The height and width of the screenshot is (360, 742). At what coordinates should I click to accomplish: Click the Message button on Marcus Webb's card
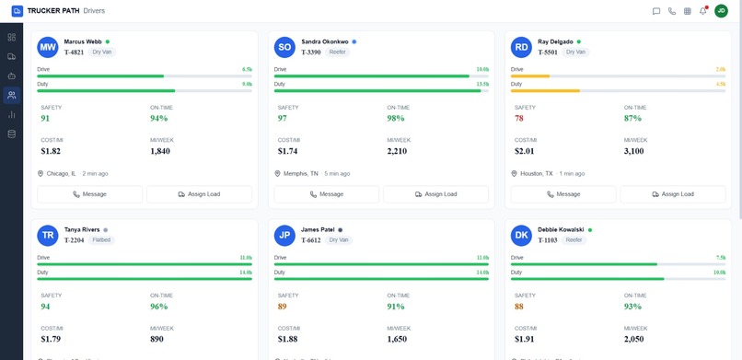[89, 194]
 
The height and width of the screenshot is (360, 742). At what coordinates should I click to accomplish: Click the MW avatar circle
[48, 47]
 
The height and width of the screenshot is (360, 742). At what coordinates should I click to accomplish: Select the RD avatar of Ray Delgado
[521, 47]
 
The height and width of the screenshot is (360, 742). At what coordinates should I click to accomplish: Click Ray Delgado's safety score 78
[519, 119]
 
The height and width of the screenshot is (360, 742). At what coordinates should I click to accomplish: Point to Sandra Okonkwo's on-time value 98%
[396, 119]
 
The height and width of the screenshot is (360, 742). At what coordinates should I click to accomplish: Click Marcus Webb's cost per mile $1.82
[51, 151]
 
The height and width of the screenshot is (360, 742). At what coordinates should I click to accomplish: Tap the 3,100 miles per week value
[634, 151]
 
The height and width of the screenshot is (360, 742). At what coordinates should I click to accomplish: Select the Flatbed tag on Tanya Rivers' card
[101, 239]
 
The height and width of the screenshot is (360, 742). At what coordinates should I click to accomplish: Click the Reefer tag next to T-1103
[574, 239]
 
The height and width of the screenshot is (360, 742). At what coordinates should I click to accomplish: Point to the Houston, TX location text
[538, 173]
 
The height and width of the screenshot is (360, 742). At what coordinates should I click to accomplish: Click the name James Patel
[318, 229]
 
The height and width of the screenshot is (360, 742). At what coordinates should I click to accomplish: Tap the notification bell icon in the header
[703, 11]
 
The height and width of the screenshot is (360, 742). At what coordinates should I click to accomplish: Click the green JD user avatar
[722, 11]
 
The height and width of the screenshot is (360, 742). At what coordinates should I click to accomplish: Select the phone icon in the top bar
[672, 11]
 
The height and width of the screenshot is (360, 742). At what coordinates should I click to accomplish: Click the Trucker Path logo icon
[17, 11]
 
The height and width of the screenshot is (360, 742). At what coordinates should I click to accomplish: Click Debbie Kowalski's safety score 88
[519, 307]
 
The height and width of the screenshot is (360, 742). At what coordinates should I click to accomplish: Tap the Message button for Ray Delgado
[562, 194]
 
